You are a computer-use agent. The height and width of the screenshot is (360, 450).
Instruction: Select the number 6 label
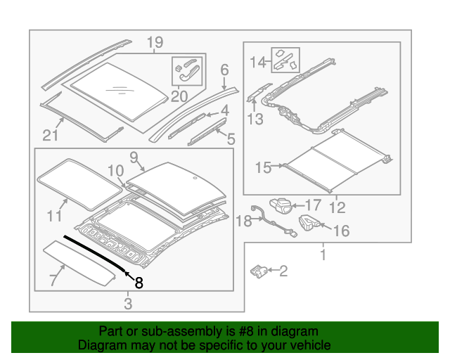(225, 70)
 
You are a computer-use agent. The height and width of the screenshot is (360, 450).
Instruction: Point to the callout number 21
(51, 135)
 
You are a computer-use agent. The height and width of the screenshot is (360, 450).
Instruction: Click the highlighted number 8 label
(139, 283)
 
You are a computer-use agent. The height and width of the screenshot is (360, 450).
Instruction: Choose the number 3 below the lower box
(127, 304)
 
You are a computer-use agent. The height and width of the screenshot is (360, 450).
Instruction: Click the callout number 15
(263, 167)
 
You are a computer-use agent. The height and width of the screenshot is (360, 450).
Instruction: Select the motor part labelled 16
(309, 223)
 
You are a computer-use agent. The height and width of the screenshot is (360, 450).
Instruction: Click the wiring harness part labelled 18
(266, 219)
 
